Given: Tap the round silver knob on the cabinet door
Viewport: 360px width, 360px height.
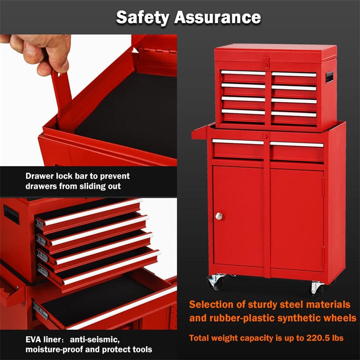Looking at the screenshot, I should (219, 216).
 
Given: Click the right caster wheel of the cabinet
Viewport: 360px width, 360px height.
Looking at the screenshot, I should (316, 289).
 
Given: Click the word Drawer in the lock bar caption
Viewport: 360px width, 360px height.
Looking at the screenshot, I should (40, 176).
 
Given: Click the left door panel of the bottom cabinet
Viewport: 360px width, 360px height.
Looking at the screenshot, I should (238, 216).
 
